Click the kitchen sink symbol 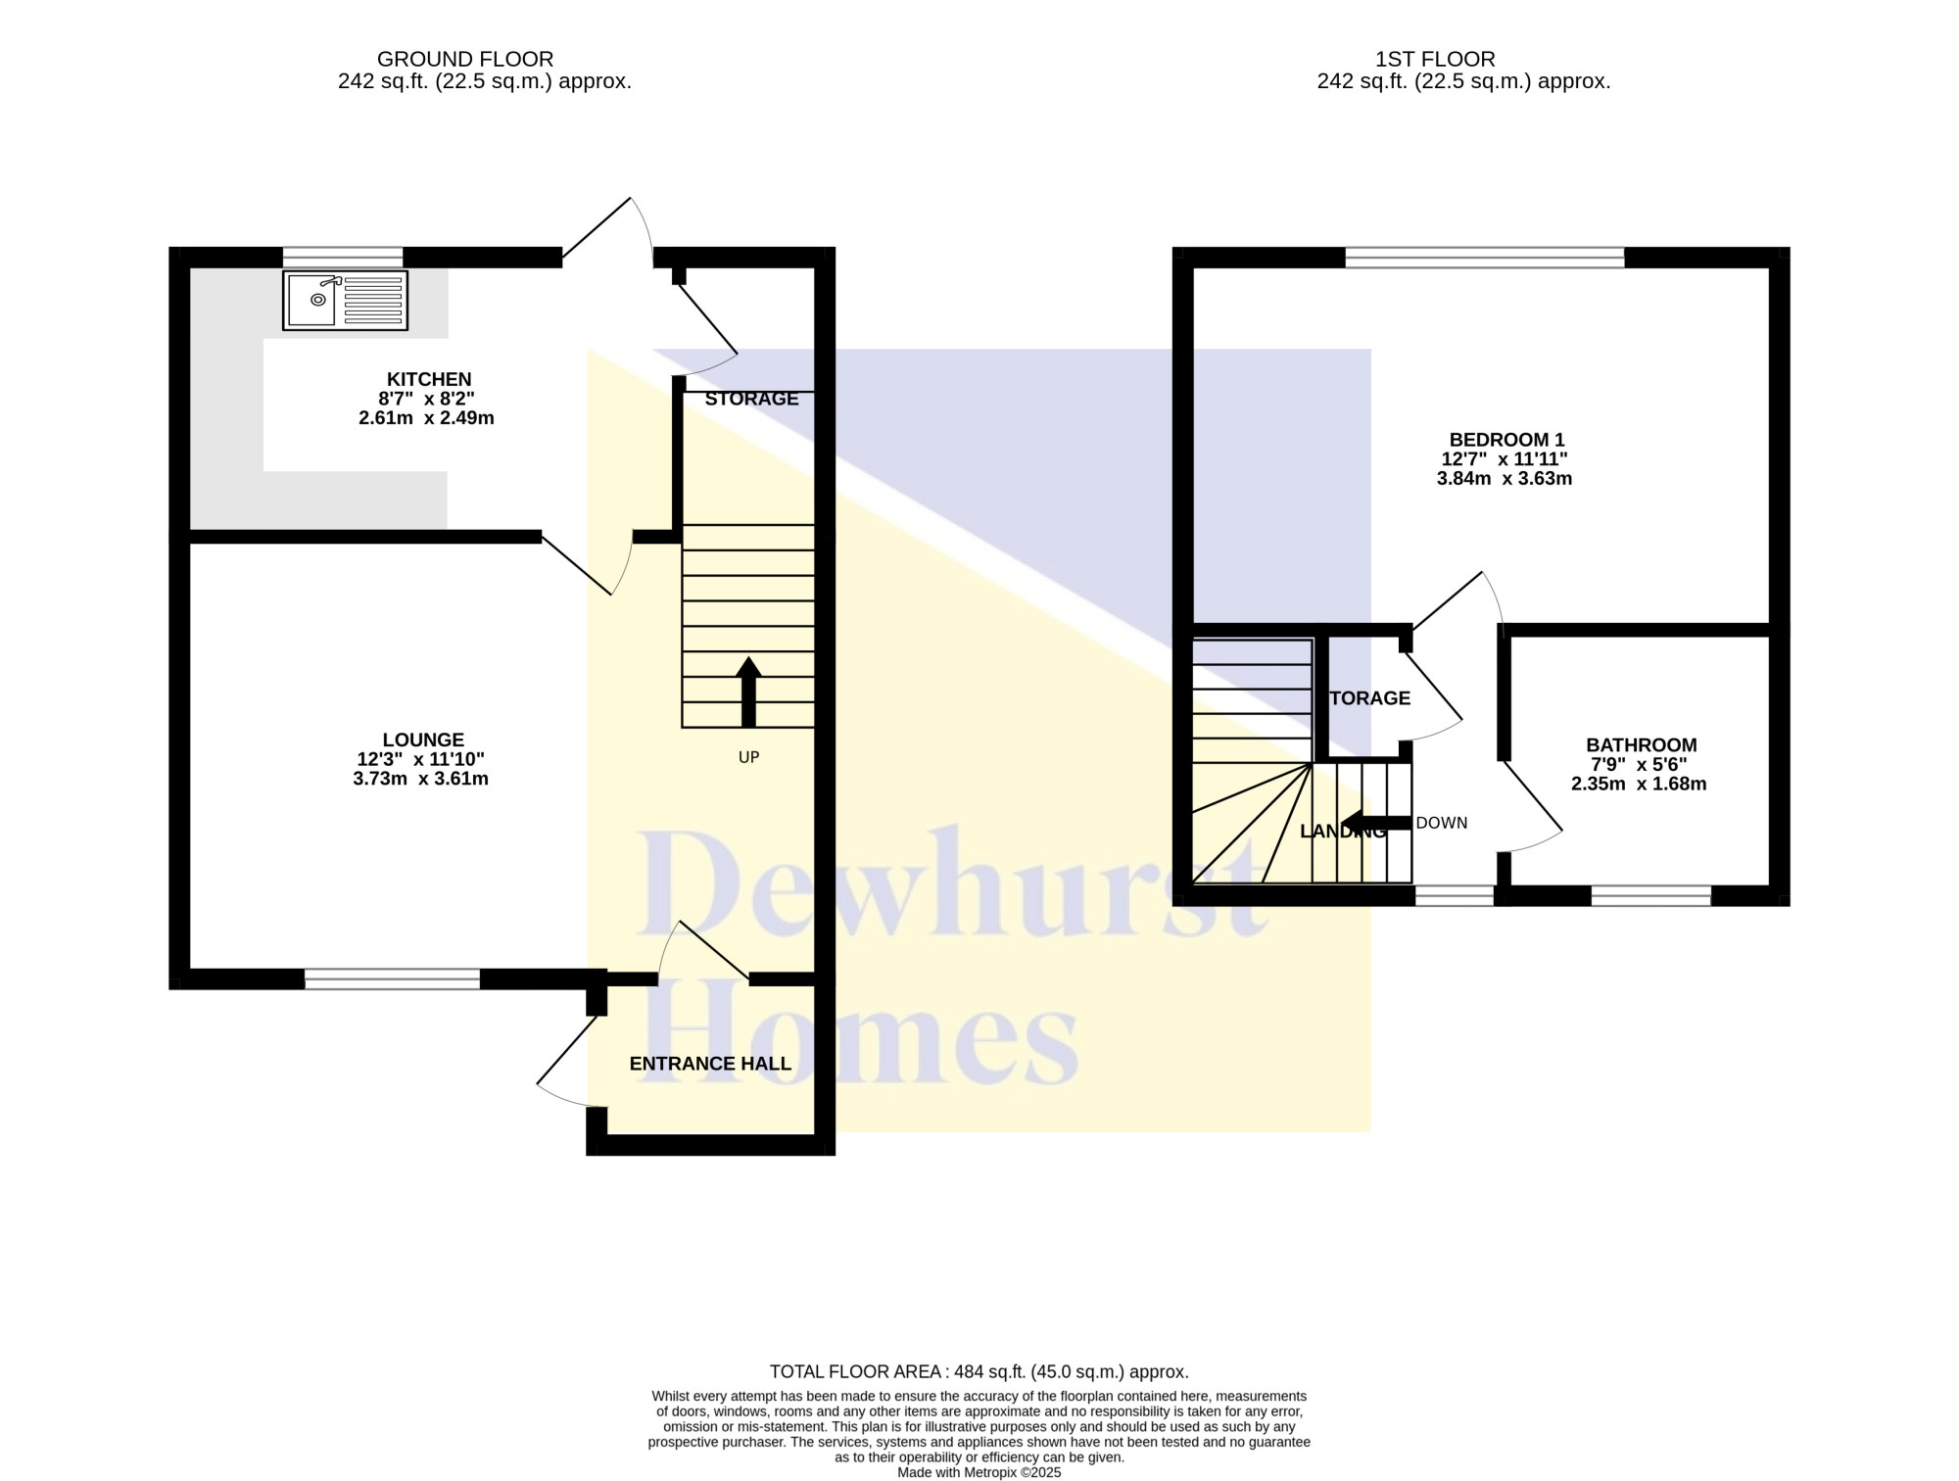tap(346, 300)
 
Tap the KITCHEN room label tap(429, 379)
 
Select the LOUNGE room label tap(423, 740)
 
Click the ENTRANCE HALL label tap(710, 1064)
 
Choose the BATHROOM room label tap(1642, 745)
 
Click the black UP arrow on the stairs tap(748, 692)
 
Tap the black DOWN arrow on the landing tap(1376, 823)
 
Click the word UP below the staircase tap(748, 757)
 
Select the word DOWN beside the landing tap(1442, 823)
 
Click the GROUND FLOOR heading tap(465, 60)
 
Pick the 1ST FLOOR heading tap(1435, 60)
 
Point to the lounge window tap(393, 979)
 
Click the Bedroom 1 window tap(1485, 258)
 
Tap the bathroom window tap(1650, 895)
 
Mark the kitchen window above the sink tap(343, 257)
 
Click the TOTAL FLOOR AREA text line tap(979, 1372)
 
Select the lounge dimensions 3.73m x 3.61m tap(421, 780)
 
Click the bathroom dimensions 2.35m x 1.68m tap(1639, 784)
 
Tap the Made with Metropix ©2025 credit tap(979, 1472)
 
